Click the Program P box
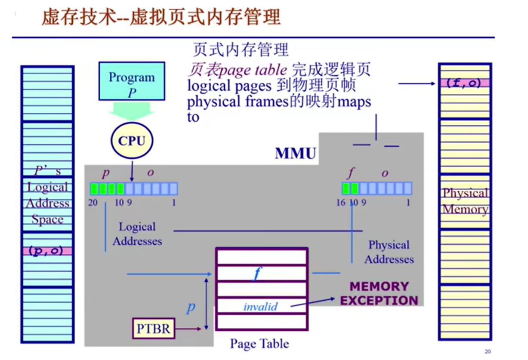tap(132, 81)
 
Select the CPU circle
tap(132, 141)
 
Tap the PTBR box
tap(154, 329)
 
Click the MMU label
tap(296, 154)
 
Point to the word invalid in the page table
tap(260, 307)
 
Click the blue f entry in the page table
tap(257, 274)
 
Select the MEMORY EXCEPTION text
tap(379, 293)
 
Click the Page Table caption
tap(259, 344)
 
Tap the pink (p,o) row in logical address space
tap(47, 251)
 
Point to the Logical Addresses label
tap(137, 234)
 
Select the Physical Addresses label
tap(389, 252)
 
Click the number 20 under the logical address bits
tap(93, 203)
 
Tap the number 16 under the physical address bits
tap(341, 203)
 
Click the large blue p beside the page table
tap(191, 308)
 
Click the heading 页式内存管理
tap(241, 50)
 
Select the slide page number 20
tap(488, 352)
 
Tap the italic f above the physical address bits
tap(351, 173)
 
